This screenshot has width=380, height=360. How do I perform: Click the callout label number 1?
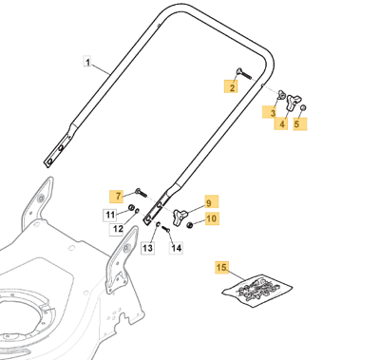(x=87, y=62)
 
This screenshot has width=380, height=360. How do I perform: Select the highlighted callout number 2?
(x=232, y=86)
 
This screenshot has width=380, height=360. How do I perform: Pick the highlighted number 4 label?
(x=281, y=123)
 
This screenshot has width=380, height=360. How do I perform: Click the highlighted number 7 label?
(x=117, y=197)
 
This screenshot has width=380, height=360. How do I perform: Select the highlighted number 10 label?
(x=212, y=218)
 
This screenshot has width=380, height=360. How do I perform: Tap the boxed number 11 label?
(x=110, y=215)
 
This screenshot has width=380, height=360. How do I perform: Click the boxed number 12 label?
(x=117, y=229)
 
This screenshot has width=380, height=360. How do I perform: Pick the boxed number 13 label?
(x=147, y=248)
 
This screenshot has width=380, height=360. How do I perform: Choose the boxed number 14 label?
(x=176, y=248)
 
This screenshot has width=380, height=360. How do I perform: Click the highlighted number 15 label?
(x=221, y=268)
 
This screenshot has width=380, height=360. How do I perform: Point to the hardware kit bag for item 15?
(x=257, y=290)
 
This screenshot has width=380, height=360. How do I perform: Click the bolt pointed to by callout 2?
(x=243, y=74)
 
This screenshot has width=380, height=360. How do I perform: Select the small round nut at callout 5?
(x=303, y=107)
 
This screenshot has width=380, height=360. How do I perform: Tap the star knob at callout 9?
(x=180, y=218)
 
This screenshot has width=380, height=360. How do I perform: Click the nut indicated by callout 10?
(x=190, y=225)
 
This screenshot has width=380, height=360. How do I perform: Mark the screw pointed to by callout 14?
(x=166, y=229)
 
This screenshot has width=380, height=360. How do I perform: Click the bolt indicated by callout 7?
(x=141, y=192)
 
